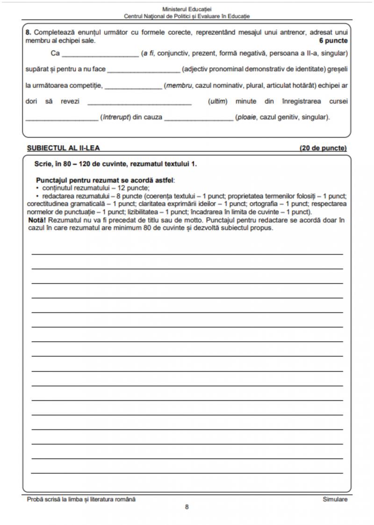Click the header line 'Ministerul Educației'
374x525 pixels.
[x=187, y=9]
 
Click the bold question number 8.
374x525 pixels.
[x=28, y=33]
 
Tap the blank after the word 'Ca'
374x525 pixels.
[x=101, y=54]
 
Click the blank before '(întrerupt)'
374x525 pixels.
[x=62, y=118]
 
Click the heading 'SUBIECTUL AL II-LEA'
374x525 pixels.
[x=63, y=148]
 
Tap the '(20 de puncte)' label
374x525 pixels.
[x=323, y=148]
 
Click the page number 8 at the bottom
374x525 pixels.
[x=187, y=507]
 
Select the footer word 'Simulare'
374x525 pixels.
[x=335, y=499]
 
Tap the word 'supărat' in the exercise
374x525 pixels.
[x=36, y=70]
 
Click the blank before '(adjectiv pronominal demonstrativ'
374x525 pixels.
[x=144, y=70]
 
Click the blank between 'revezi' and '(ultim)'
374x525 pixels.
[x=139, y=102]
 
